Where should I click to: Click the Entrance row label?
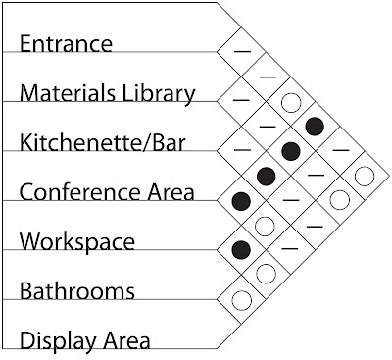click(79, 44)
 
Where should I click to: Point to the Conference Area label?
click(107, 192)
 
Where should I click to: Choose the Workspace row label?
click(77, 241)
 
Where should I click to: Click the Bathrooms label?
click(76, 291)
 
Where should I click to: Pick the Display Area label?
click(85, 341)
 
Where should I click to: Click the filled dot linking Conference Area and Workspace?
click(241, 201)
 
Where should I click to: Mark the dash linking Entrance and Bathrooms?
click(339, 150)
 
